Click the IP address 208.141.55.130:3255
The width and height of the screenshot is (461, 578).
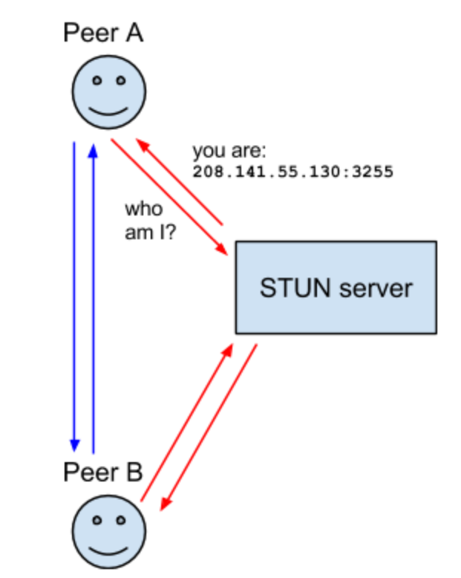click(292, 172)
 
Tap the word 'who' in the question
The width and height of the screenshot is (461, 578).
click(143, 209)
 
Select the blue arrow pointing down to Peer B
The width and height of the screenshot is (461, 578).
click(74, 297)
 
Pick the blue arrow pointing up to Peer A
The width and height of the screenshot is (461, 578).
click(93, 297)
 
